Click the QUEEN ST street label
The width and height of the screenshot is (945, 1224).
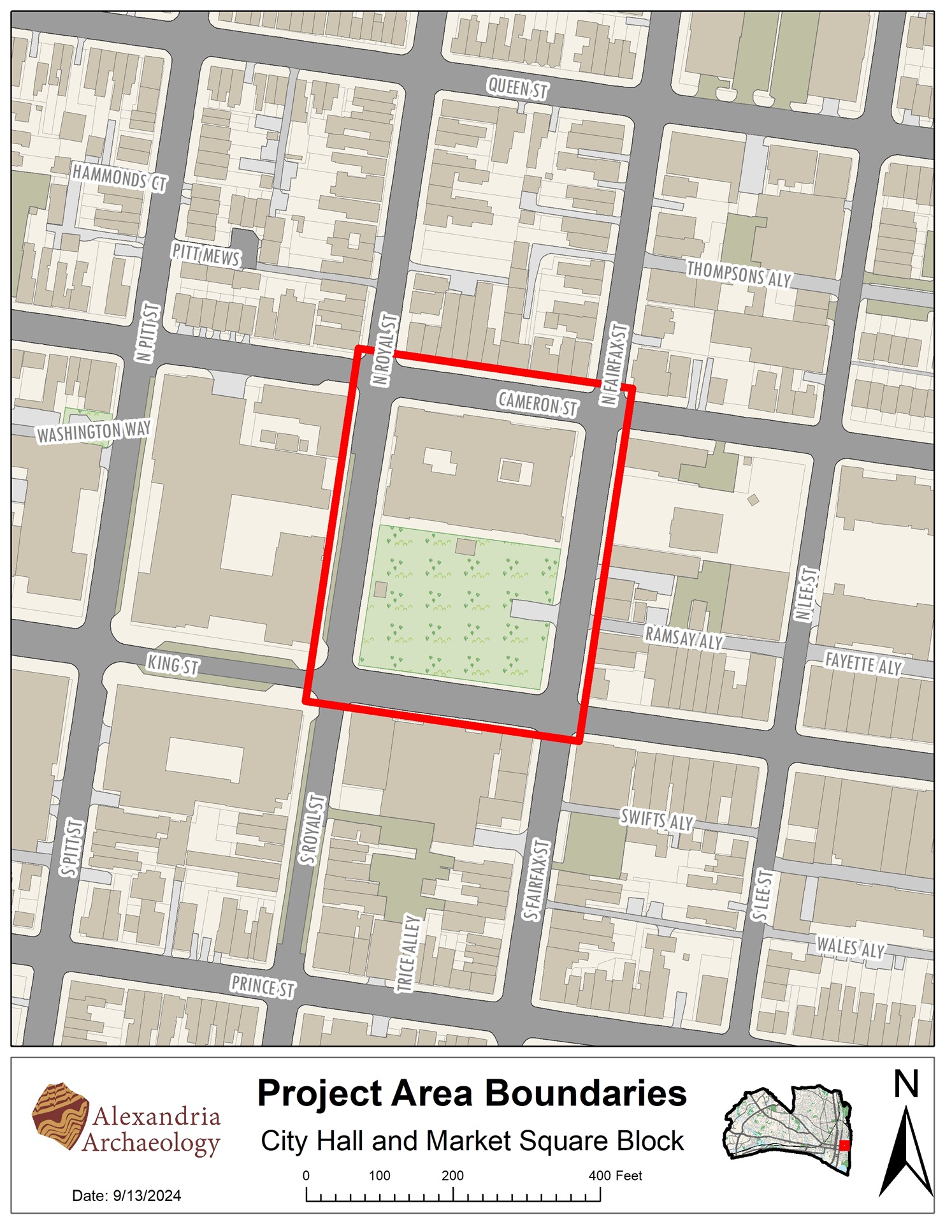(517, 88)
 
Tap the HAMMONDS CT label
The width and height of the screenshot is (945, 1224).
(119, 177)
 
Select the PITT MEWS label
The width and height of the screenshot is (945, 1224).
(206, 255)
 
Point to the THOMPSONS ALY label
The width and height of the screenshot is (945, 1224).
(739, 274)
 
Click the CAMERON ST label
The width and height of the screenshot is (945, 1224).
(538, 404)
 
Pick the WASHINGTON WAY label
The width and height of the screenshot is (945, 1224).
(94, 432)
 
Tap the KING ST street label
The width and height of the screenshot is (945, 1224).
(173, 665)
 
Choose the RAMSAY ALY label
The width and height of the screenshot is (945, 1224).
(684, 637)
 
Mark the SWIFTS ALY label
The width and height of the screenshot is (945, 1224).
(657, 820)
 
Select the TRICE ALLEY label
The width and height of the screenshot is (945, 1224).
(409, 953)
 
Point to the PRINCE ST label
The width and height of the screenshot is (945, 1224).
(263, 986)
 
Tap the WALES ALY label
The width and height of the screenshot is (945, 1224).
(851, 947)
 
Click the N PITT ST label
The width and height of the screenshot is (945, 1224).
(148, 333)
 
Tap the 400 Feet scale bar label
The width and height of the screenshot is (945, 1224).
(615, 1176)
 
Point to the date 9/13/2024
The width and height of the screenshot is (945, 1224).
(147, 1196)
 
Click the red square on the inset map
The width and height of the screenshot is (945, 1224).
(844, 1145)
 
